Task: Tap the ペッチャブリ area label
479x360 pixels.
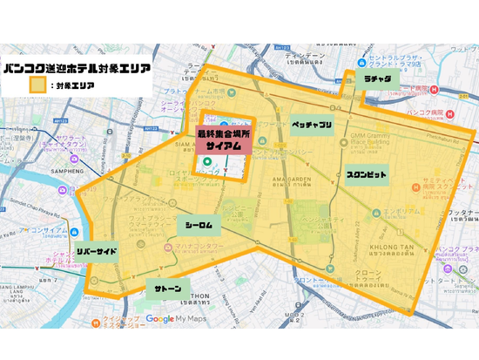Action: [311, 126]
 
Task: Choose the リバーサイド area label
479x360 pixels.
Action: [96, 251]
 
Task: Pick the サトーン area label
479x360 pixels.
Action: [168, 289]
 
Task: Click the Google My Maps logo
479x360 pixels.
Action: [184, 319]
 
